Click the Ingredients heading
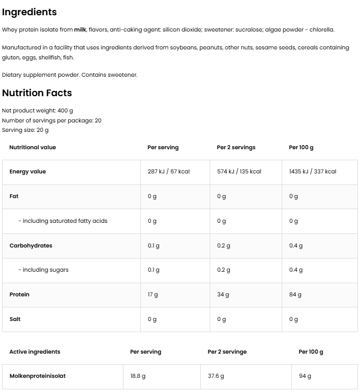tap(29, 12)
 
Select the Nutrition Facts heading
tap(37, 93)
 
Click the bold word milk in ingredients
tap(80, 30)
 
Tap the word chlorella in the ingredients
tap(321, 30)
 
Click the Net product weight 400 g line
tap(37, 111)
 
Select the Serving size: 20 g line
tap(25, 130)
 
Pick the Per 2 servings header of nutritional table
tap(236, 148)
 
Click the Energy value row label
tap(27, 172)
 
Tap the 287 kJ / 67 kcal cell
tap(168, 172)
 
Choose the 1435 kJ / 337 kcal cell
tap(313, 172)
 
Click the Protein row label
tap(19, 295)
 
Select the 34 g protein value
tap(223, 295)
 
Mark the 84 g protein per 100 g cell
tap(295, 295)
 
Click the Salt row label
tap(15, 319)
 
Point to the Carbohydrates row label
tap(30, 245)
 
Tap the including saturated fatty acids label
tap(63, 221)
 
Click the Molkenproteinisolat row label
tap(37, 376)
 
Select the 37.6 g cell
tap(215, 376)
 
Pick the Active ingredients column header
tap(35, 352)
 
